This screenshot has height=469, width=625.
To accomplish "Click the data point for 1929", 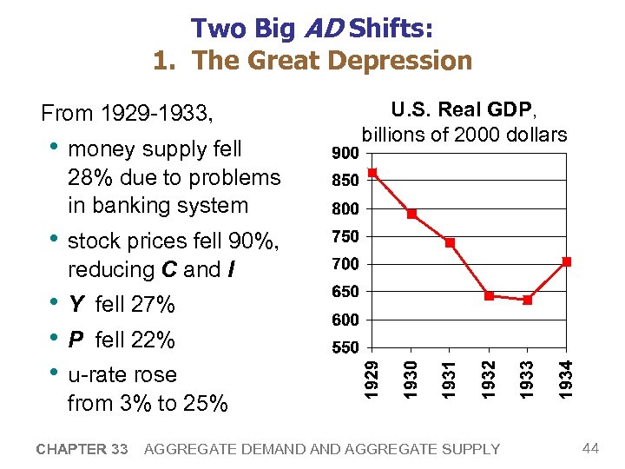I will (372, 173).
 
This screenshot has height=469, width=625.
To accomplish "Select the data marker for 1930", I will (411, 214).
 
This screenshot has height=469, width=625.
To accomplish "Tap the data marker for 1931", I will (450, 242).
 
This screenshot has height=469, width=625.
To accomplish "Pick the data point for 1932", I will (489, 296).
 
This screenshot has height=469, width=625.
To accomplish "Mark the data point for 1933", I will (528, 301).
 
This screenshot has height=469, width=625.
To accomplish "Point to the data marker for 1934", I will (566, 261).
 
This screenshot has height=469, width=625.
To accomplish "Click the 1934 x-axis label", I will (566, 379).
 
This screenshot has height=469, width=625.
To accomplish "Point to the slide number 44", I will (591, 448).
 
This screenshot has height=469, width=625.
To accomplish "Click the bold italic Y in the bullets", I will (76, 305).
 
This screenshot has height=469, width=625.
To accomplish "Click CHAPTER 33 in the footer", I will (83, 449).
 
